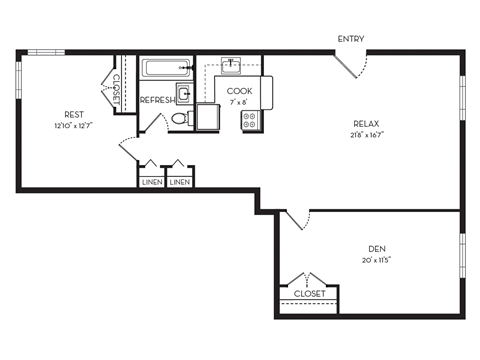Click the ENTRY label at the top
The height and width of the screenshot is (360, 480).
coord(350,39)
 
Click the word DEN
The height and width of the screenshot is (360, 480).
coord(378,248)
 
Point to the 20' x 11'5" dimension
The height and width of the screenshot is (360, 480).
coord(378,259)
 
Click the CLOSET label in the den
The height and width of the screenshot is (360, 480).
coord(309,294)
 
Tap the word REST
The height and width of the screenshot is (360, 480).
coord(73,115)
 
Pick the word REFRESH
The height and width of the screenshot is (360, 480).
coord(157,100)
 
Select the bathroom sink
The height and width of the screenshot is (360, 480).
coord(185,95)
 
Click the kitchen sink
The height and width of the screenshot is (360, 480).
coord(232,67)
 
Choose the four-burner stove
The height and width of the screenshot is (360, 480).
coord(250,121)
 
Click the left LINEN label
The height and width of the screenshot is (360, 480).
coord(150,181)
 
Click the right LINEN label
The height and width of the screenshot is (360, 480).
coord(179,181)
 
